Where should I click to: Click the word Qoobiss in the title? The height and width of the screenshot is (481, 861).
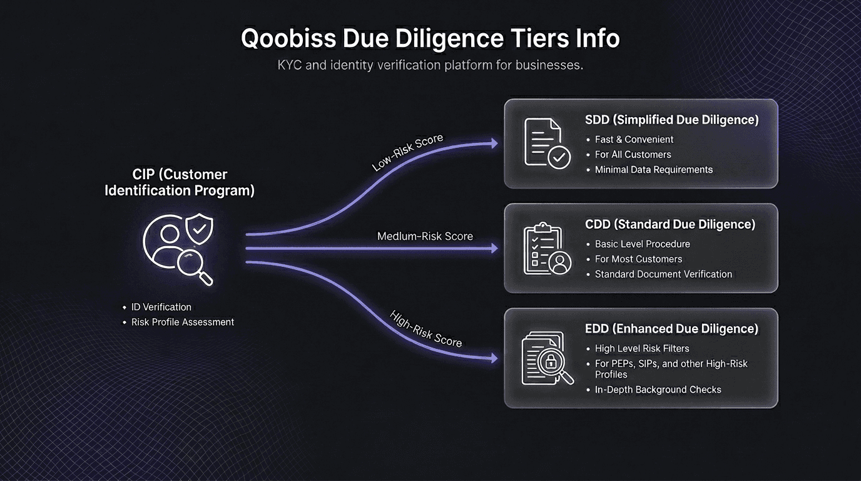click(288, 39)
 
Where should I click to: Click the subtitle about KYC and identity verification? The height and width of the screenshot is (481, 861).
click(430, 65)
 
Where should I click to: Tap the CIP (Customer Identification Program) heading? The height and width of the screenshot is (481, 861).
click(180, 182)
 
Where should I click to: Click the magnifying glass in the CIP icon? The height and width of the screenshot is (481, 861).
click(195, 267)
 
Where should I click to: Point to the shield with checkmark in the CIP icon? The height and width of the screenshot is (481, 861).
click(199, 229)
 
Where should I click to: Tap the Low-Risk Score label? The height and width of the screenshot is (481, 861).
click(407, 152)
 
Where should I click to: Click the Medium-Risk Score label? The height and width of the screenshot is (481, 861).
click(425, 236)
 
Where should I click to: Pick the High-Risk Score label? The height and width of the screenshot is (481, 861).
click(425, 329)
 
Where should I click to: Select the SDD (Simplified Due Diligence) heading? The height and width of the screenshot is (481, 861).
click(672, 120)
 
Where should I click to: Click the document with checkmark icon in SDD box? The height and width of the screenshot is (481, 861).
click(548, 143)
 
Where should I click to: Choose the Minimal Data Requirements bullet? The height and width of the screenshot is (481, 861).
click(653, 170)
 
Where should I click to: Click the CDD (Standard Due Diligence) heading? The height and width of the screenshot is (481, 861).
click(670, 224)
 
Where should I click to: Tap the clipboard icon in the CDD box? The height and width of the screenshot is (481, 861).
click(548, 248)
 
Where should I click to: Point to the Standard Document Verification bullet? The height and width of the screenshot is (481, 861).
click(663, 274)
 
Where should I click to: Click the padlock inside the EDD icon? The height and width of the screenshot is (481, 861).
click(551, 361)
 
